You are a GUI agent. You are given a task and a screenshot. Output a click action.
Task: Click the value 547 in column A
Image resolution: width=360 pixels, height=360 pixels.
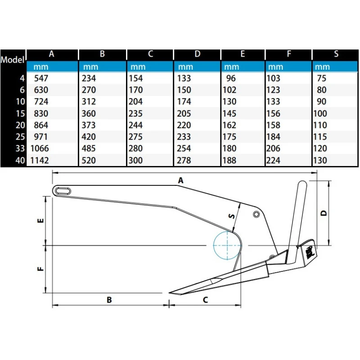click(41, 78)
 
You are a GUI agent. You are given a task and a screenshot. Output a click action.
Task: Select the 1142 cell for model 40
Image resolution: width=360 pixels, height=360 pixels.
click(40, 160)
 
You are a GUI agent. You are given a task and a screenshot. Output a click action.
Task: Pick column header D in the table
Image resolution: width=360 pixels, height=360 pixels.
click(197, 54)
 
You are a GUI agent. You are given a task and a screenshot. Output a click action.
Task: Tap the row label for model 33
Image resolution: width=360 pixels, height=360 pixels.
click(20, 148)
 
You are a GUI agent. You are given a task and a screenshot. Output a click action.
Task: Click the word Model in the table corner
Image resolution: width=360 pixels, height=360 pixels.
click(13, 60)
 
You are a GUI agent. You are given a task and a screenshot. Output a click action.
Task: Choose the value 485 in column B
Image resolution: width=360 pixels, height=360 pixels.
click(89, 148)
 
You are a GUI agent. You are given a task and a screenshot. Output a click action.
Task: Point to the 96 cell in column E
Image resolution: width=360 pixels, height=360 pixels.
click(231, 78)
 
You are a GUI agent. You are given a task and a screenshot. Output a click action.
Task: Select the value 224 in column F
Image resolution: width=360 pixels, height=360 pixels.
click(273, 160)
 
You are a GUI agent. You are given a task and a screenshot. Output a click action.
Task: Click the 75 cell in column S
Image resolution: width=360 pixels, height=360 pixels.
click(321, 78)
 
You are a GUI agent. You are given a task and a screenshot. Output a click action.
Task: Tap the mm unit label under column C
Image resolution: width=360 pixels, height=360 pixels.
click(138, 67)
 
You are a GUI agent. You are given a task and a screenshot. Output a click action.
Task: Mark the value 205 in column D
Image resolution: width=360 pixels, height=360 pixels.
click(184, 113)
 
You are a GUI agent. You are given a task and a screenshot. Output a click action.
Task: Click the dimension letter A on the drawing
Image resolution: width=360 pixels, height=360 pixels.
click(181, 180)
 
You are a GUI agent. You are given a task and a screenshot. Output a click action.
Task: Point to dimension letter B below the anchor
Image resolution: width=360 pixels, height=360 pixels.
click(109, 300)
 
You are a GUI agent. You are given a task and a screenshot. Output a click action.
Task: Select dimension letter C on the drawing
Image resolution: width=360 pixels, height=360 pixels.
click(206, 300)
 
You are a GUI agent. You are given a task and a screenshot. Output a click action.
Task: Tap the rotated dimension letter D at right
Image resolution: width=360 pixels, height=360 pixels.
click(323, 213)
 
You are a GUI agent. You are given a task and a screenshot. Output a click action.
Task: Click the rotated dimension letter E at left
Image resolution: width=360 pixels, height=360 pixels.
click(40, 220)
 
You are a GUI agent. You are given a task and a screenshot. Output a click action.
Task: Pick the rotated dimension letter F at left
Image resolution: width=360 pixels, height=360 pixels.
click(40, 269)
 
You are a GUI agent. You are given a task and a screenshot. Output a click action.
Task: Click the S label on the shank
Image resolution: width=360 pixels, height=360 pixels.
click(232, 216)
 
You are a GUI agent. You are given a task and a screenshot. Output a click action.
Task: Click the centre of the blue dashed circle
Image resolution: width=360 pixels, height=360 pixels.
click(227, 245)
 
